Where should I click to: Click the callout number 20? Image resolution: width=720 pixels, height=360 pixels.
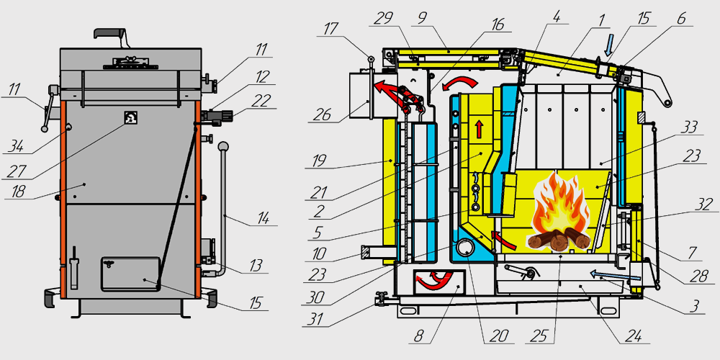pyautogui.click(x=499, y=335)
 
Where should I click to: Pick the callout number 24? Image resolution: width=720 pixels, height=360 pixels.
pyautogui.click(x=622, y=335)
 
